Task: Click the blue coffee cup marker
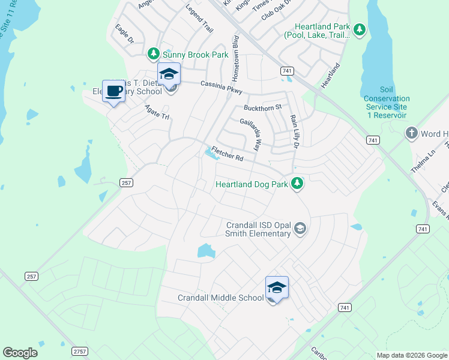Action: [113, 91]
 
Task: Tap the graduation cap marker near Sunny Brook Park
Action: [169, 74]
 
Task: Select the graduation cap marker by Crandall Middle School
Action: [277, 287]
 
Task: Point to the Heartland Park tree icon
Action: [359, 29]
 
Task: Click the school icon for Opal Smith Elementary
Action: [300, 229]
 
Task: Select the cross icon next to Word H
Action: [411, 134]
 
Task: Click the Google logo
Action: [20, 353]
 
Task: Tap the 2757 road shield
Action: [80, 351]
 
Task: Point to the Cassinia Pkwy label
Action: [221, 88]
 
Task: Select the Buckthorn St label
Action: [262, 107]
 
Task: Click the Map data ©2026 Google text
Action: [411, 355]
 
